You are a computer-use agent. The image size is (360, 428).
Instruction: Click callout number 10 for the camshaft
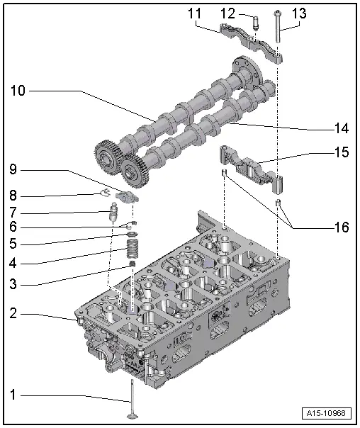[x=19, y=91]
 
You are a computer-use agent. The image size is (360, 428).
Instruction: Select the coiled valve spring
[x=132, y=249]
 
